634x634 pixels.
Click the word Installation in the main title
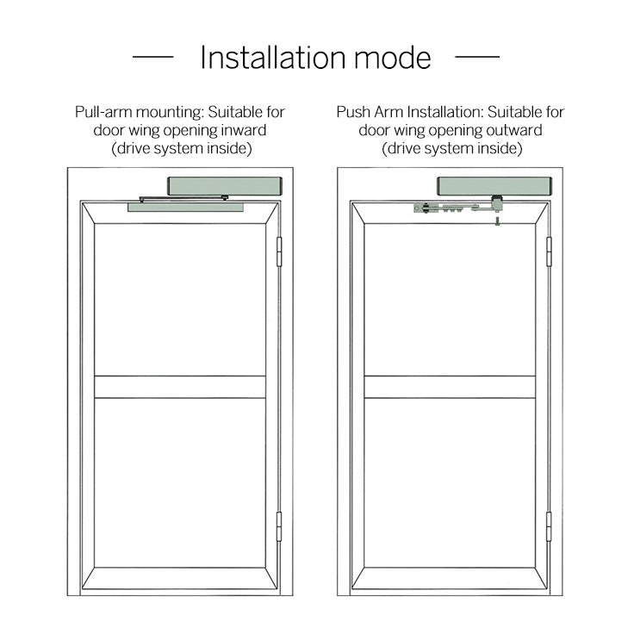pos(273,58)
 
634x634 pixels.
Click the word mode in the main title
pos(393,59)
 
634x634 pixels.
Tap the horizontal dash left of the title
pos(152,57)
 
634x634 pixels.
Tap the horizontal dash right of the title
pos(477,57)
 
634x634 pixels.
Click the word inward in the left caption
pos(244,130)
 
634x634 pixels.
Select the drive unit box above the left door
pos(225,186)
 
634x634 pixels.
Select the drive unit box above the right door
pos(494,186)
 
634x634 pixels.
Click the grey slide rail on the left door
pos(185,208)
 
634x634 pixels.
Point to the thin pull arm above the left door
pos(183,198)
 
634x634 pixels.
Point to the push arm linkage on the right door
pos(458,208)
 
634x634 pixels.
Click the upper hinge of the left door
pos(279,252)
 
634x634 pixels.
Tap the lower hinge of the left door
pos(279,526)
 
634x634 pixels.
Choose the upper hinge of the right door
pos(549,252)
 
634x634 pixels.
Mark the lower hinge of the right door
pos(549,526)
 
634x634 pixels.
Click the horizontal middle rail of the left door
pos(180,387)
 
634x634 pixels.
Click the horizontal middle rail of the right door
pos(450,387)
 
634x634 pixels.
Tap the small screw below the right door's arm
pos(497,221)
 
